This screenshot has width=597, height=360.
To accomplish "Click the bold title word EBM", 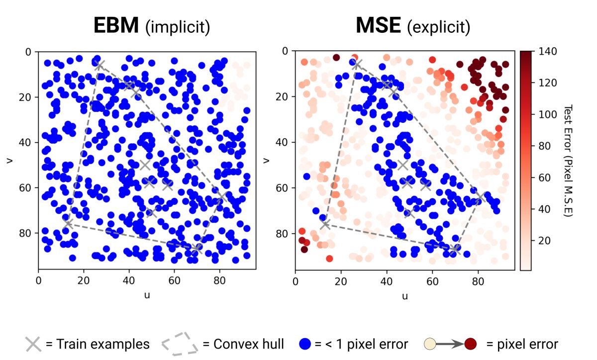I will [x=115, y=25].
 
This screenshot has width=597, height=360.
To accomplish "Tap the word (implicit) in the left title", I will [x=178, y=27].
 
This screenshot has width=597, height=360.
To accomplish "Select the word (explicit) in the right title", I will [x=438, y=27].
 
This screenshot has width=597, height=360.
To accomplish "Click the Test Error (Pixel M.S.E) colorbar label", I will [x=570, y=160].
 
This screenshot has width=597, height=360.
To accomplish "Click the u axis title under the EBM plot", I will [x=147, y=295].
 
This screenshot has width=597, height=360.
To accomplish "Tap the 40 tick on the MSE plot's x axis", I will [x=387, y=279].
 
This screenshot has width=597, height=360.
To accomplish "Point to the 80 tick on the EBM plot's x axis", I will [x=220, y=279].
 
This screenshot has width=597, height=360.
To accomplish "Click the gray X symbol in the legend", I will [x=33, y=344].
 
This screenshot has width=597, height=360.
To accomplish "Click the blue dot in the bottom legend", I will [x=305, y=344].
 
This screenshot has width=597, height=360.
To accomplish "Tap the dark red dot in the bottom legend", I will [x=471, y=344].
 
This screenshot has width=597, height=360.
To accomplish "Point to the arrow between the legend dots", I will [x=450, y=344].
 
